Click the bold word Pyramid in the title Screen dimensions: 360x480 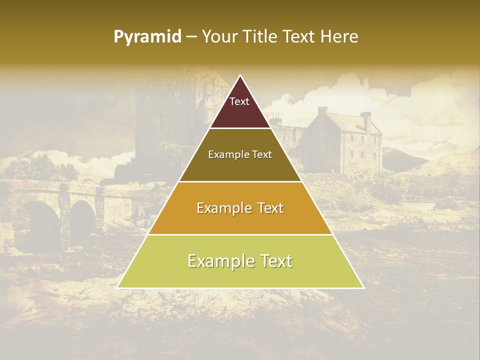[x=147, y=37]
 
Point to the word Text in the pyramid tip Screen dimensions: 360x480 [x=239, y=101]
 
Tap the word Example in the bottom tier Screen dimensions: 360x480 [x=218, y=261]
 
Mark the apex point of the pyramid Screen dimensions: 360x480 [x=240, y=75]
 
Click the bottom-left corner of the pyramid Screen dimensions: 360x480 [x=117, y=287]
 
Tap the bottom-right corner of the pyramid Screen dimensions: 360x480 [x=363, y=287]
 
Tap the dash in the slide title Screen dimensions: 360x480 [x=191, y=37]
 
